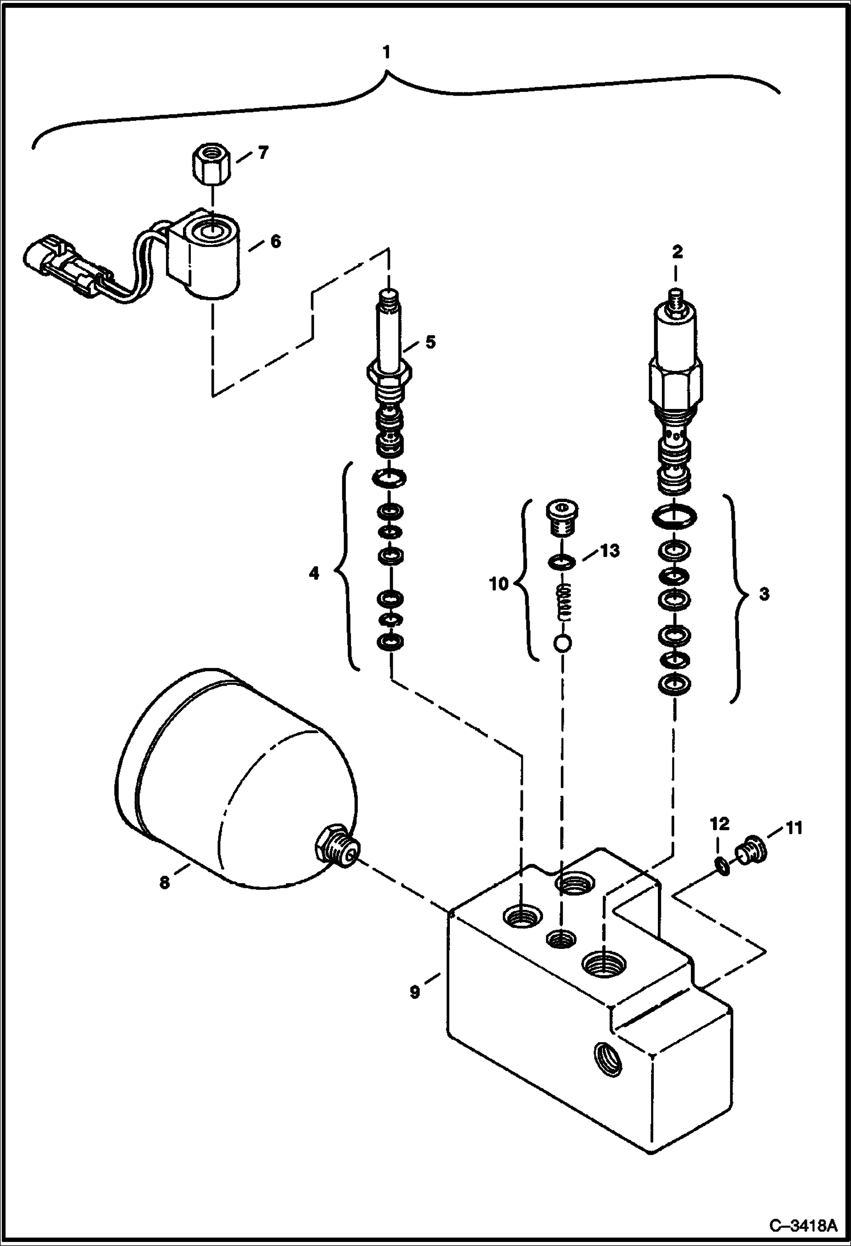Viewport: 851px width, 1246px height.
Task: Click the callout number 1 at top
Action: (386, 53)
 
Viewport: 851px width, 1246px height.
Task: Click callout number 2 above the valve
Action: (677, 252)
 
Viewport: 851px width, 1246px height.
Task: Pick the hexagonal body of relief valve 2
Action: (675, 384)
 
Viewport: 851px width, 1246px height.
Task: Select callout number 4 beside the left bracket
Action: (314, 574)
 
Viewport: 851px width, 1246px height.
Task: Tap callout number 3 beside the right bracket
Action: (764, 595)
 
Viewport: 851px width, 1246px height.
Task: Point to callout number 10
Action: (499, 583)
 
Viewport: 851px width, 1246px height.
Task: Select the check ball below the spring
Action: (562, 643)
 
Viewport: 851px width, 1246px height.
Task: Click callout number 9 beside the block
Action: (415, 992)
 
